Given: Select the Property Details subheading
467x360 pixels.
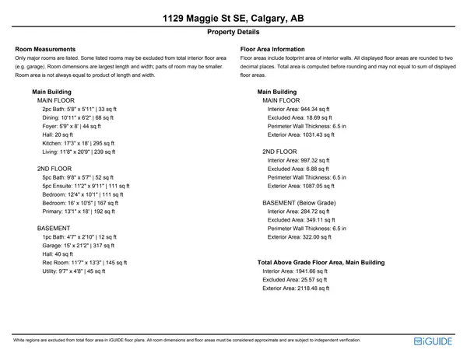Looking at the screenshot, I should click(233, 33).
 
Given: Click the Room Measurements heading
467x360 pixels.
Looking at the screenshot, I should click(45, 49).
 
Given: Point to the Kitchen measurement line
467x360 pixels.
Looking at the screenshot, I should click(78, 143).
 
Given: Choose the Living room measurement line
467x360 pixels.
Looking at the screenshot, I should click(79, 152).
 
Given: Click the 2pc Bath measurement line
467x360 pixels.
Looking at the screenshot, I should click(79, 109).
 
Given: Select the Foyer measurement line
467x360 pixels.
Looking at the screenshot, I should click(72, 126).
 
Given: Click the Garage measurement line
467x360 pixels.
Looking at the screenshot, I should click(78, 245).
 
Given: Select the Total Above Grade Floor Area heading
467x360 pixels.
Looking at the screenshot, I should click(321, 262).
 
